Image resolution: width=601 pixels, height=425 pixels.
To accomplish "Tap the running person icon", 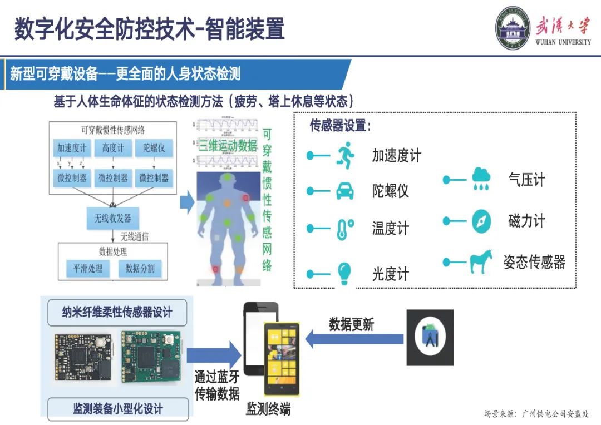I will (345, 156).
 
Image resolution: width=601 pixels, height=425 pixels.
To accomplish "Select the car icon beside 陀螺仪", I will (345, 191).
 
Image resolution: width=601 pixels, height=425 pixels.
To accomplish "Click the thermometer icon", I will (345, 229).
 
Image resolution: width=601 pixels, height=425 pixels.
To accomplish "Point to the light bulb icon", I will (345, 273).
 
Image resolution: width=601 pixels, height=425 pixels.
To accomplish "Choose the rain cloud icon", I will (481, 179).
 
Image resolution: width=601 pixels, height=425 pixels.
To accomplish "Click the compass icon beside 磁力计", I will (481, 221).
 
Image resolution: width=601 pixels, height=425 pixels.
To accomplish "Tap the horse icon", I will (480, 262).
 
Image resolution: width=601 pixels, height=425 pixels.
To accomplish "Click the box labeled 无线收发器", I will (113, 219).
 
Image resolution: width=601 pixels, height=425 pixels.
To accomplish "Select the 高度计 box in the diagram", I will (113, 148).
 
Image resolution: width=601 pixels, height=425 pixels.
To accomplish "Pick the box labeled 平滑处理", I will (88, 269).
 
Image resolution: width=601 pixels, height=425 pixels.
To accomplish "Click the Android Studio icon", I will (430, 338).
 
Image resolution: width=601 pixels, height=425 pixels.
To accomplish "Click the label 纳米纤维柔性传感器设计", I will (117, 312).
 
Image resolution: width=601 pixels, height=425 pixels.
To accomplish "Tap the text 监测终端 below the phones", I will (268, 411).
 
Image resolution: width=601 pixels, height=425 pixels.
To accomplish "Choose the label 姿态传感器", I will (534, 262).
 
